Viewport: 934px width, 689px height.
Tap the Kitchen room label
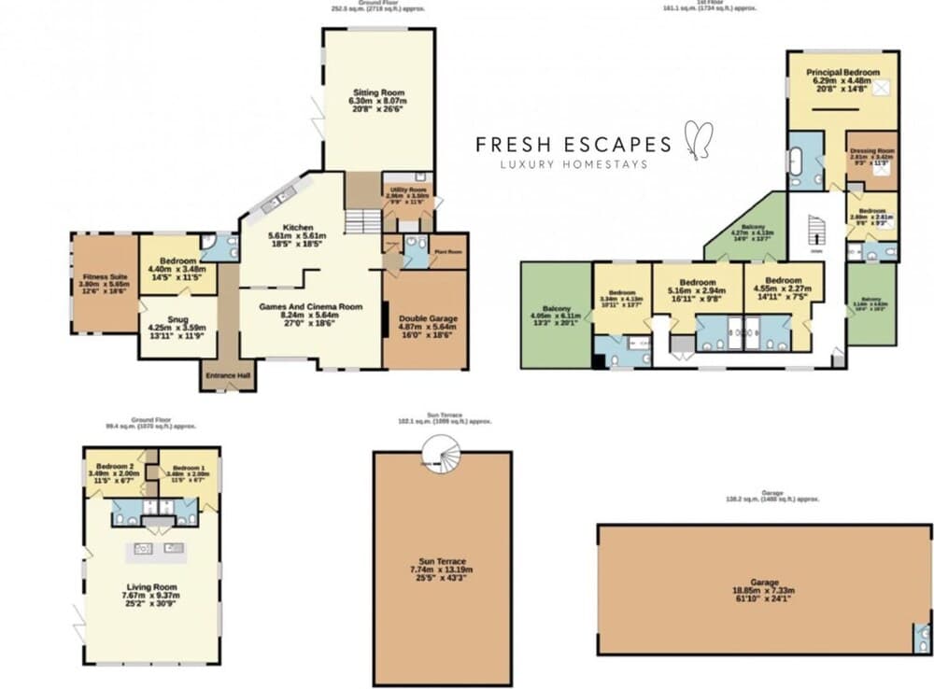(x=297, y=227)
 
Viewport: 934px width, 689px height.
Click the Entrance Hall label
(x=228, y=375)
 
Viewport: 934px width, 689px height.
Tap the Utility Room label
(x=407, y=190)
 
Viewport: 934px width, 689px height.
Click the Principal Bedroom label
(x=842, y=72)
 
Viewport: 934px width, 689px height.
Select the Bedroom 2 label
(x=117, y=467)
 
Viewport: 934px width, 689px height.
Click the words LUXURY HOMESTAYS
(x=573, y=164)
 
